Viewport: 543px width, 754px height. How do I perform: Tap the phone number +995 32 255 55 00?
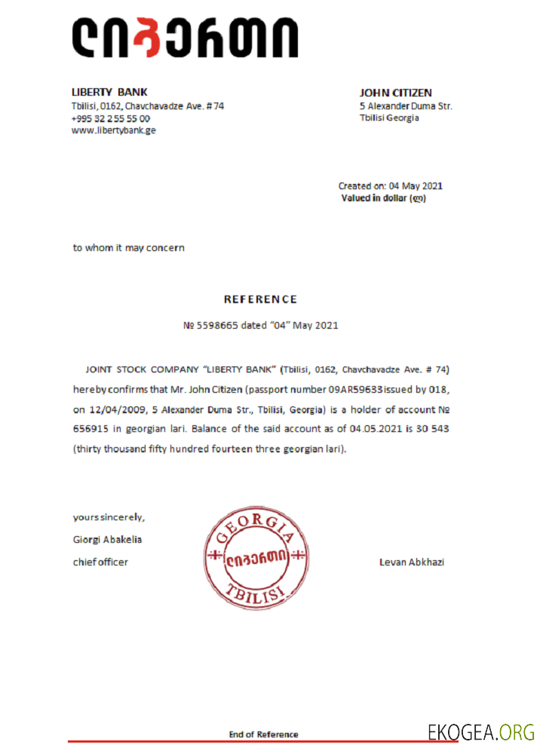[x=110, y=118]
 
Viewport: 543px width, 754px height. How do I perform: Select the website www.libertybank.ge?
[x=114, y=130]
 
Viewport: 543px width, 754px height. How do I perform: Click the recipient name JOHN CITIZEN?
[x=396, y=93]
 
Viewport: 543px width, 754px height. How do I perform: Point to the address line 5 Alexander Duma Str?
[x=406, y=106]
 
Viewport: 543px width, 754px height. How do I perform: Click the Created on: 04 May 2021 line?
[x=390, y=185]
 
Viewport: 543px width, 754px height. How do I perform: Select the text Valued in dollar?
[x=374, y=198]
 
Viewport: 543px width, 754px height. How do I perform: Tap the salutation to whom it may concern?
[x=128, y=247]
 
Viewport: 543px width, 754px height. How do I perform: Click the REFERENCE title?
[x=260, y=299]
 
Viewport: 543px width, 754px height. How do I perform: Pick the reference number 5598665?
[x=219, y=326]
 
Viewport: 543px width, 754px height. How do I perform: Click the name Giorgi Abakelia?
[x=107, y=539]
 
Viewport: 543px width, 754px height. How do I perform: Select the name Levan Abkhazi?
[x=411, y=562]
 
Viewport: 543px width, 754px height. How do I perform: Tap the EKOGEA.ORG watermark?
[x=480, y=731]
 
